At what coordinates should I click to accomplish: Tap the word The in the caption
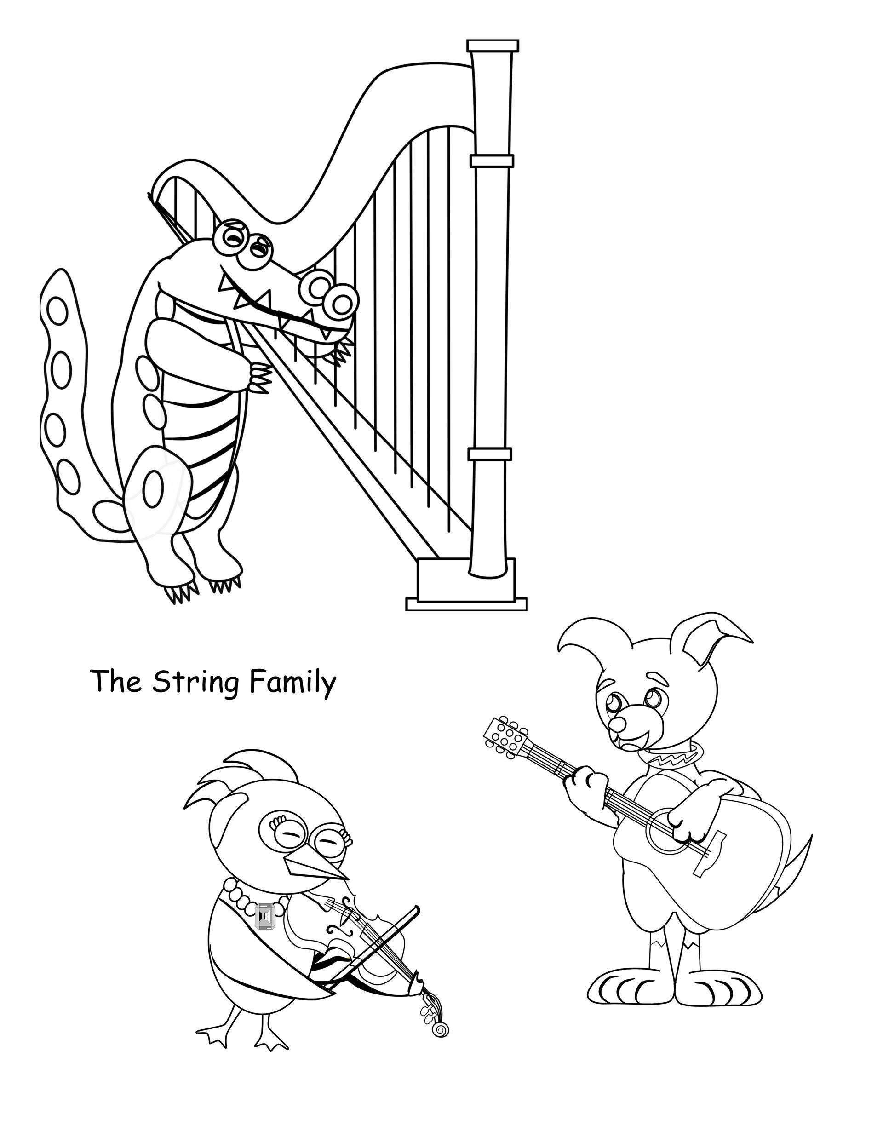pos(117,681)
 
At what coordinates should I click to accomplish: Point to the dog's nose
pos(619,725)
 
